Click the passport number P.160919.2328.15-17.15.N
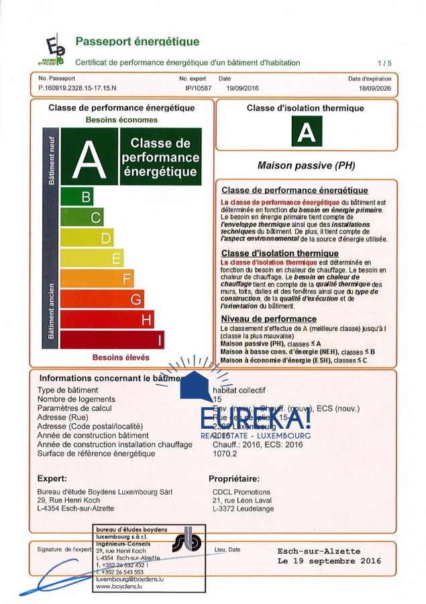point(77,88)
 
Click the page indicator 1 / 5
point(384,62)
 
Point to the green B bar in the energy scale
point(77,197)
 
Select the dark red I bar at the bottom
point(113,340)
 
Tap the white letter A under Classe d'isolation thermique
point(307,133)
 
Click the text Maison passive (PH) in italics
point(306,165)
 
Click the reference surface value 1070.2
point(225,454)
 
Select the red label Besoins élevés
point(121,357)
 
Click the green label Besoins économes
point(121,119)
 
